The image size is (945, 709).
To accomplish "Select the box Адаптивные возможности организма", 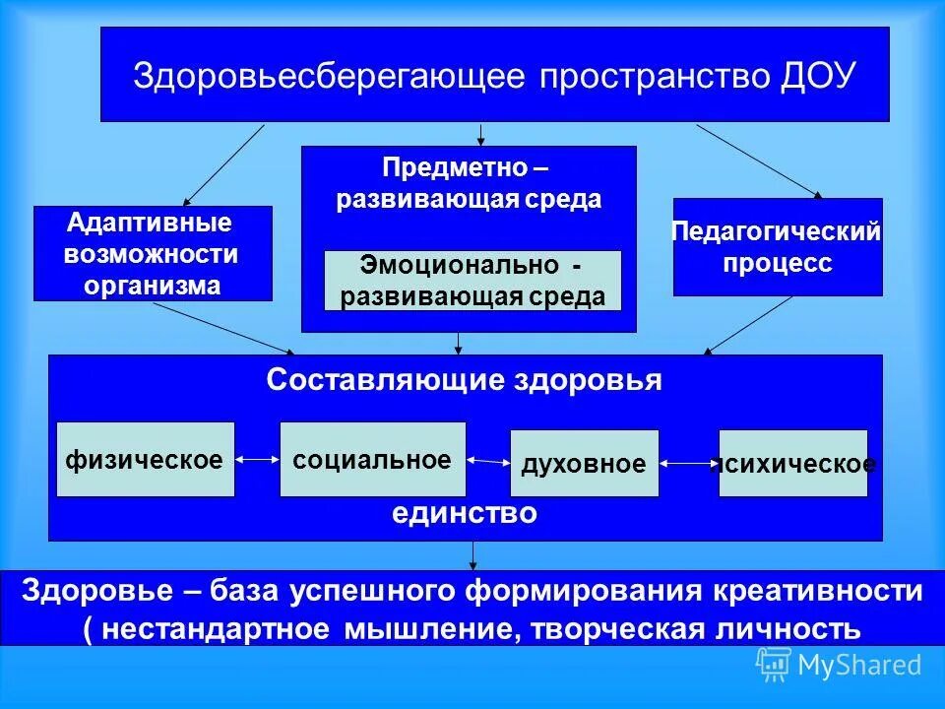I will (x=153, y=253).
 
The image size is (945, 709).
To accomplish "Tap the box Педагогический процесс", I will (x=777, y=247).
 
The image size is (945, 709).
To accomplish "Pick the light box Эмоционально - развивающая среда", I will (x=472, y=281).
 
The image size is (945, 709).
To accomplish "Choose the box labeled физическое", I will (x=146, y=459).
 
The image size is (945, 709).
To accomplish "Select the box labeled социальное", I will (x=372, y=459).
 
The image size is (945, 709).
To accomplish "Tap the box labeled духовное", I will (x=584, y=464).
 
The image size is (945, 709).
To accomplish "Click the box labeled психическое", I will (x=793, y=464).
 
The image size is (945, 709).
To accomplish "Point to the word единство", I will (x=465, y=513).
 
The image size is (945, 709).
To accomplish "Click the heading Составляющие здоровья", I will (x=465, y=382).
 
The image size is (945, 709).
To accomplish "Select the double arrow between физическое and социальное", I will (x=257, y=459).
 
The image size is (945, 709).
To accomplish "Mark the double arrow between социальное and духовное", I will (x=487, y=460).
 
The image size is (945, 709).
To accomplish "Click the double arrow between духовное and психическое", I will (x=689, y=464).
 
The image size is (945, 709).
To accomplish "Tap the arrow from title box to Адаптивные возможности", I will (x=223, y=163).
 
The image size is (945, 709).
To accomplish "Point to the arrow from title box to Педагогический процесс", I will (x=759, y=160).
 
